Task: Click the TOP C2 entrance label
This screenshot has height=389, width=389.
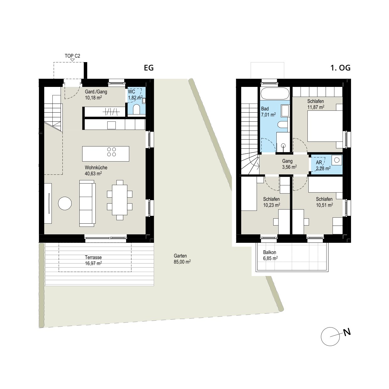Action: [x=72, y=56]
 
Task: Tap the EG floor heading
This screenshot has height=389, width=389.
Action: [x=149, y=68]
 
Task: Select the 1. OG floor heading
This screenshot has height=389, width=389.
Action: [x=340, y=68]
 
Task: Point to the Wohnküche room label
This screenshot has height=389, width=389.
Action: [x=96, y=168]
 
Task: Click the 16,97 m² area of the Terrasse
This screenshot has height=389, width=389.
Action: [x=93, y=263]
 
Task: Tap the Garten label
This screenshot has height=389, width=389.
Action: [x=180, y=256]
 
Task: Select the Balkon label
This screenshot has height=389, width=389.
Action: [x=269, y=252]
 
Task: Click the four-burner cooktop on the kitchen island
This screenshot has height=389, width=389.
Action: [x=112, y=152]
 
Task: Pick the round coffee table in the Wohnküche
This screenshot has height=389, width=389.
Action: [x=65, y=204]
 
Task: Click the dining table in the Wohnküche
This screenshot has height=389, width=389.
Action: [x=120, y=200]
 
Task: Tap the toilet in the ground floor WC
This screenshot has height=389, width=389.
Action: [x=136, y=109]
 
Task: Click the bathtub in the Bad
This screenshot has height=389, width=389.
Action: [x=275, y=93]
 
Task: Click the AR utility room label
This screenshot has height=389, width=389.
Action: [x=319, y=163]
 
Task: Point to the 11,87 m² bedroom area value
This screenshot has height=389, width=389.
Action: [x=316, y=107]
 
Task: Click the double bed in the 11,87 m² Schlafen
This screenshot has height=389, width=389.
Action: [x=325, y=126]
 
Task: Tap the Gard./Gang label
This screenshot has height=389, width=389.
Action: [x=96, y=92]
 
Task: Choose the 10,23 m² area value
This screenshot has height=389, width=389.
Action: [x=271, y=205]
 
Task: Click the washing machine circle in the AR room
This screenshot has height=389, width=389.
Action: [x=337, y=160]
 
